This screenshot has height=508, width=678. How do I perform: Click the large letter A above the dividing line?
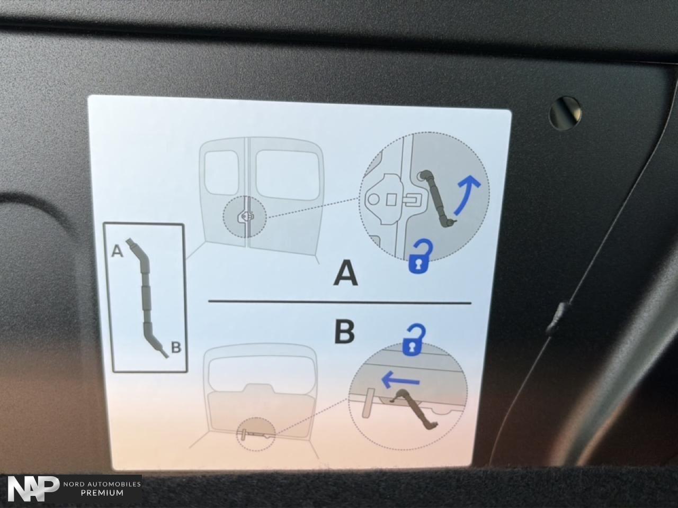[346, 273]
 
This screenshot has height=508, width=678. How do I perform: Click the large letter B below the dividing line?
[344, 332]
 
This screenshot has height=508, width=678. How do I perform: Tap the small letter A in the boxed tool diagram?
[117, 250]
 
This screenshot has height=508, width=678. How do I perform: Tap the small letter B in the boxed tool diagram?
[176, 348]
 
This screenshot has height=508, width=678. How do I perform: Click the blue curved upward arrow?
[467, 195]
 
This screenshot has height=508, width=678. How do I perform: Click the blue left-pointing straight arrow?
[400, 380]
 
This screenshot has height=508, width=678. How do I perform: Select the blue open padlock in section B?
[413, 340]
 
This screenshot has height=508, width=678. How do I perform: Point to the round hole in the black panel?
[565, 113]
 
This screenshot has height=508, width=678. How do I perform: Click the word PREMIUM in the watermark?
[102, 493]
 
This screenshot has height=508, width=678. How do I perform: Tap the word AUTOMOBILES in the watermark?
[114, 484]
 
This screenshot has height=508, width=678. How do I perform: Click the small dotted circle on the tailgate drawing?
[256, 434]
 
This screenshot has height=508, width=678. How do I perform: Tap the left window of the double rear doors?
[221, 173]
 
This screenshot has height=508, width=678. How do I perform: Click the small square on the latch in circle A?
[391, 200]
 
